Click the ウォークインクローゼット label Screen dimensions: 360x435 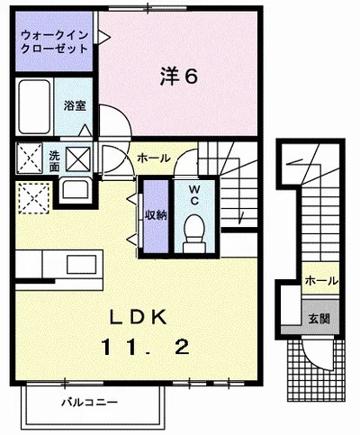tap(55, 42)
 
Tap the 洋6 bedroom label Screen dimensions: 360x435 tap(179, 77)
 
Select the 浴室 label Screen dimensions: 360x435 tap(75, 105)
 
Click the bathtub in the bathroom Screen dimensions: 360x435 tap(34, 106)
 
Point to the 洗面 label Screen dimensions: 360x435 tap(54, 161)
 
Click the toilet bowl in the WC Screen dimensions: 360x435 tap(194, 233)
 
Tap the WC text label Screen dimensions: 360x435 tap(194, 195)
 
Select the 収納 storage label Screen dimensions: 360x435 tap(156, 215)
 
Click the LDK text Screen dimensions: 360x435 tap(139, 317)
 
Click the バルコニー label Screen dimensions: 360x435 tap(89, 403)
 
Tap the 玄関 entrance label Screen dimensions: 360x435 tap(319, 319)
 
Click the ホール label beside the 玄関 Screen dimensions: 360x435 tap(321, 281)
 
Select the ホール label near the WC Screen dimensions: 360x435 tap(154, 158)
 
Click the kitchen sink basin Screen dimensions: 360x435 tap(81, 264)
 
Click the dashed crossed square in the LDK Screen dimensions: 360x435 tap(33, 198)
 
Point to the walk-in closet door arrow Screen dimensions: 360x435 tap(104, 38)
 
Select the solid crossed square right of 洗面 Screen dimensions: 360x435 tap(78, 159)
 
